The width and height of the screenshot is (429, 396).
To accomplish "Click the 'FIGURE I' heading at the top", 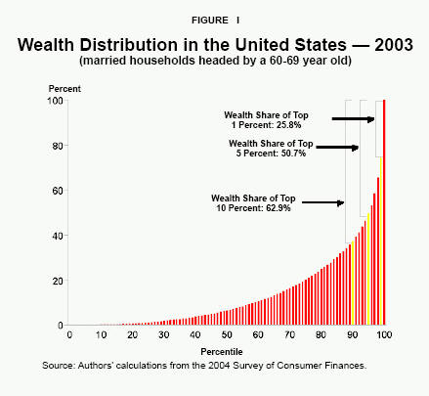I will point(214,17).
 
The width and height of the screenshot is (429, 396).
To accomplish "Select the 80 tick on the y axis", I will point(58,146).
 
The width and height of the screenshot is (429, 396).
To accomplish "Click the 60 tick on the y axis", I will point(58,191).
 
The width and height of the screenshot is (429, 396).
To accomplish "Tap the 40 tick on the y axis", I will point(58,236).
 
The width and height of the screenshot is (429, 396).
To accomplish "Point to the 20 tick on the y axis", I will point(58,281).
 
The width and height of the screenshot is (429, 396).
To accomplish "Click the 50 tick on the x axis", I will point(227,335).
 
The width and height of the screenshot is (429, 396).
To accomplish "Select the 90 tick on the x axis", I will point(353,335).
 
